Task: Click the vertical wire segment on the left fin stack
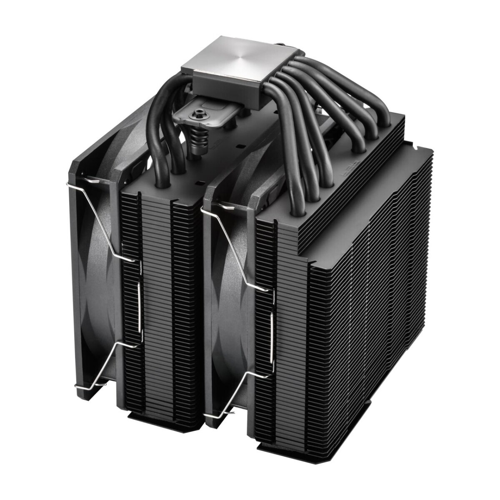point(140,308)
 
